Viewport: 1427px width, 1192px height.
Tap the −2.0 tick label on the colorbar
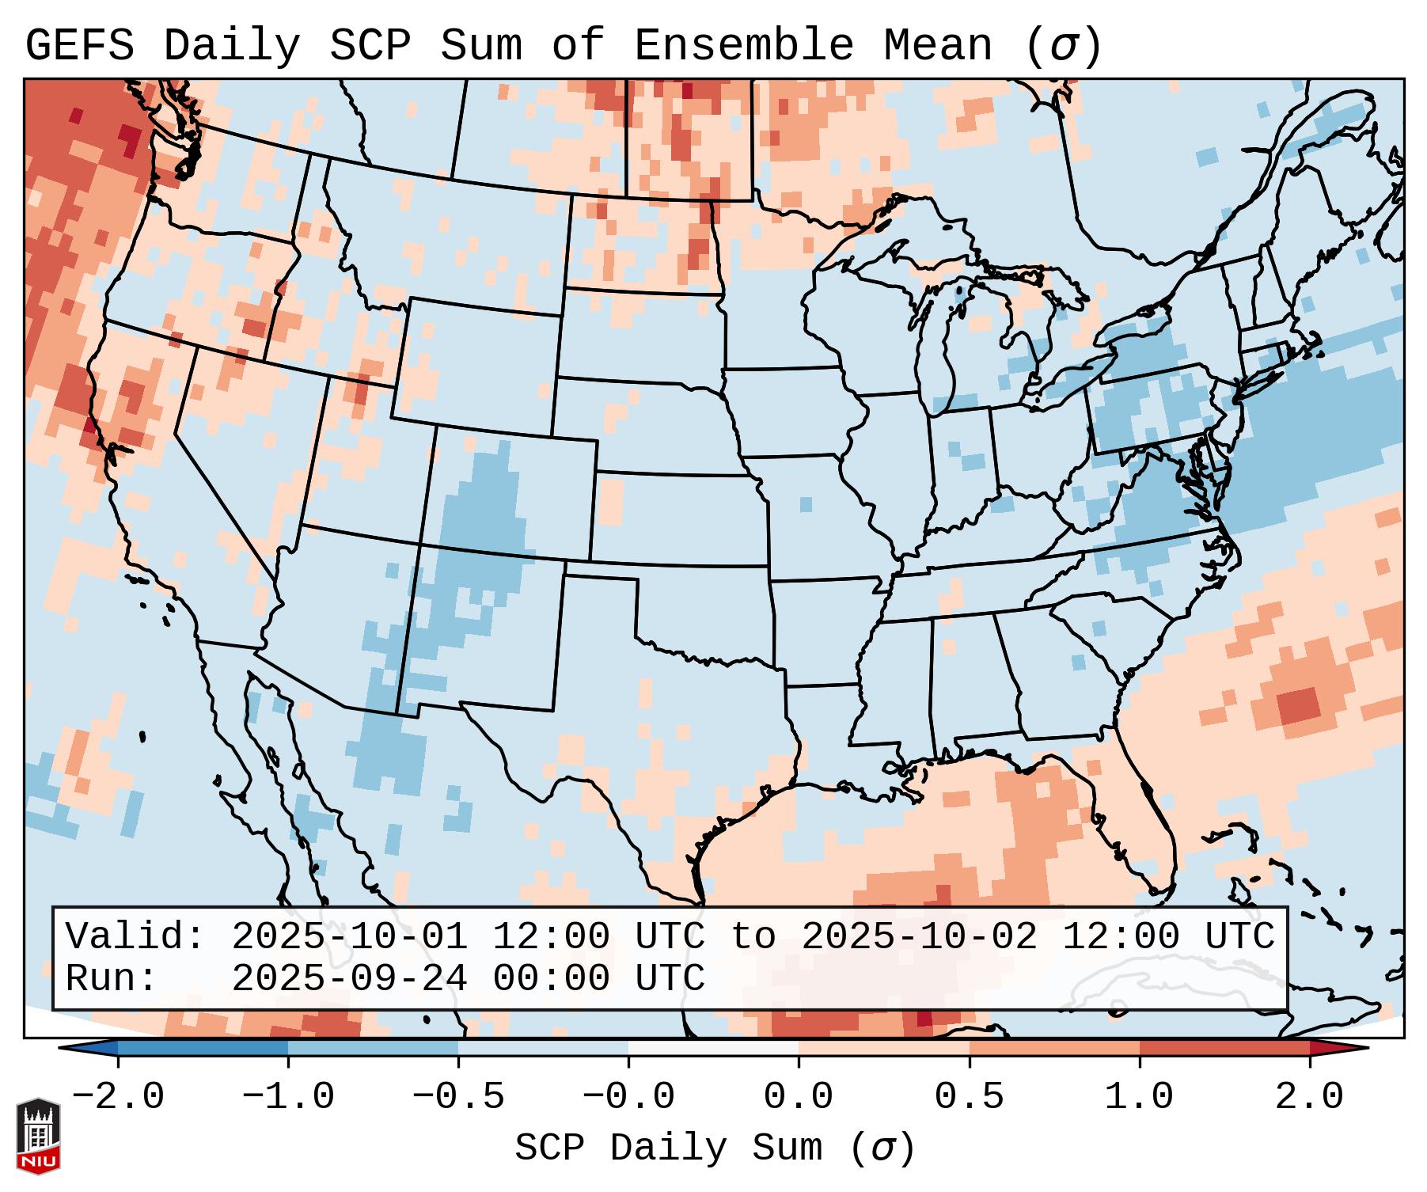tap(118, 1097)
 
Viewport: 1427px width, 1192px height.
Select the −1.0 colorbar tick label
tap(288, 1097)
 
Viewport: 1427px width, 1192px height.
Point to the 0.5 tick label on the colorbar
tap(970, 1097)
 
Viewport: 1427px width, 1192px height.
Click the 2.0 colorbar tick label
tap(1310, 1097)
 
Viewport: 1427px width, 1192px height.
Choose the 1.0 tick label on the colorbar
tap(1140, 1097)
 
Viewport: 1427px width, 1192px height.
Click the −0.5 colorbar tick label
tap(458, 1097)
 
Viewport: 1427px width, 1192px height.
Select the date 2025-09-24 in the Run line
tap(349, 978)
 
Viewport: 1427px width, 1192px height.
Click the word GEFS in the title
tap(80, 46)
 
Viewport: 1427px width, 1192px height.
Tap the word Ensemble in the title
tap(744, 46)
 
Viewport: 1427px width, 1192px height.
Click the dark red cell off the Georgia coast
tap(1299, 704)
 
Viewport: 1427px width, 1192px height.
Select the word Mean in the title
tap(938, 46)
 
